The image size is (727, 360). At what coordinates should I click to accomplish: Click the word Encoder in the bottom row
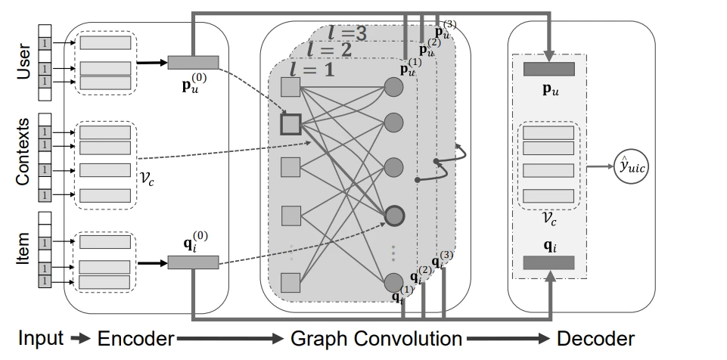(x=135, y=339)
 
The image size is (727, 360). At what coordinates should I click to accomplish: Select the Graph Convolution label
(x=376, y=339)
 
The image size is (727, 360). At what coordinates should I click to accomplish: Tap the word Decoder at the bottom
(x=595, y=339)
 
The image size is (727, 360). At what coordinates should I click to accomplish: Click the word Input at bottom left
(x=40, y=338)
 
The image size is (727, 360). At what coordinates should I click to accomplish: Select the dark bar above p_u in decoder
(x=548, y=70)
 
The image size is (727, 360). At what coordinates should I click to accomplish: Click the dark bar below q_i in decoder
(x=548, y=262)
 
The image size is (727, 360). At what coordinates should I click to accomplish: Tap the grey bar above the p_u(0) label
(x=193, y=61)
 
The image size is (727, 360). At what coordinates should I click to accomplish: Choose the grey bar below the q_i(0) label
(x=193, y=262)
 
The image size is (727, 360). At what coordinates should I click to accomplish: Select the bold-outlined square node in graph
(x=291, y=123)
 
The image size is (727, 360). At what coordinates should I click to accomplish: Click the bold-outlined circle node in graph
(x=393, y=215)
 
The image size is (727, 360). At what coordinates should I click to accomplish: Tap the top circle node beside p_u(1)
(x=393, y=86)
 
